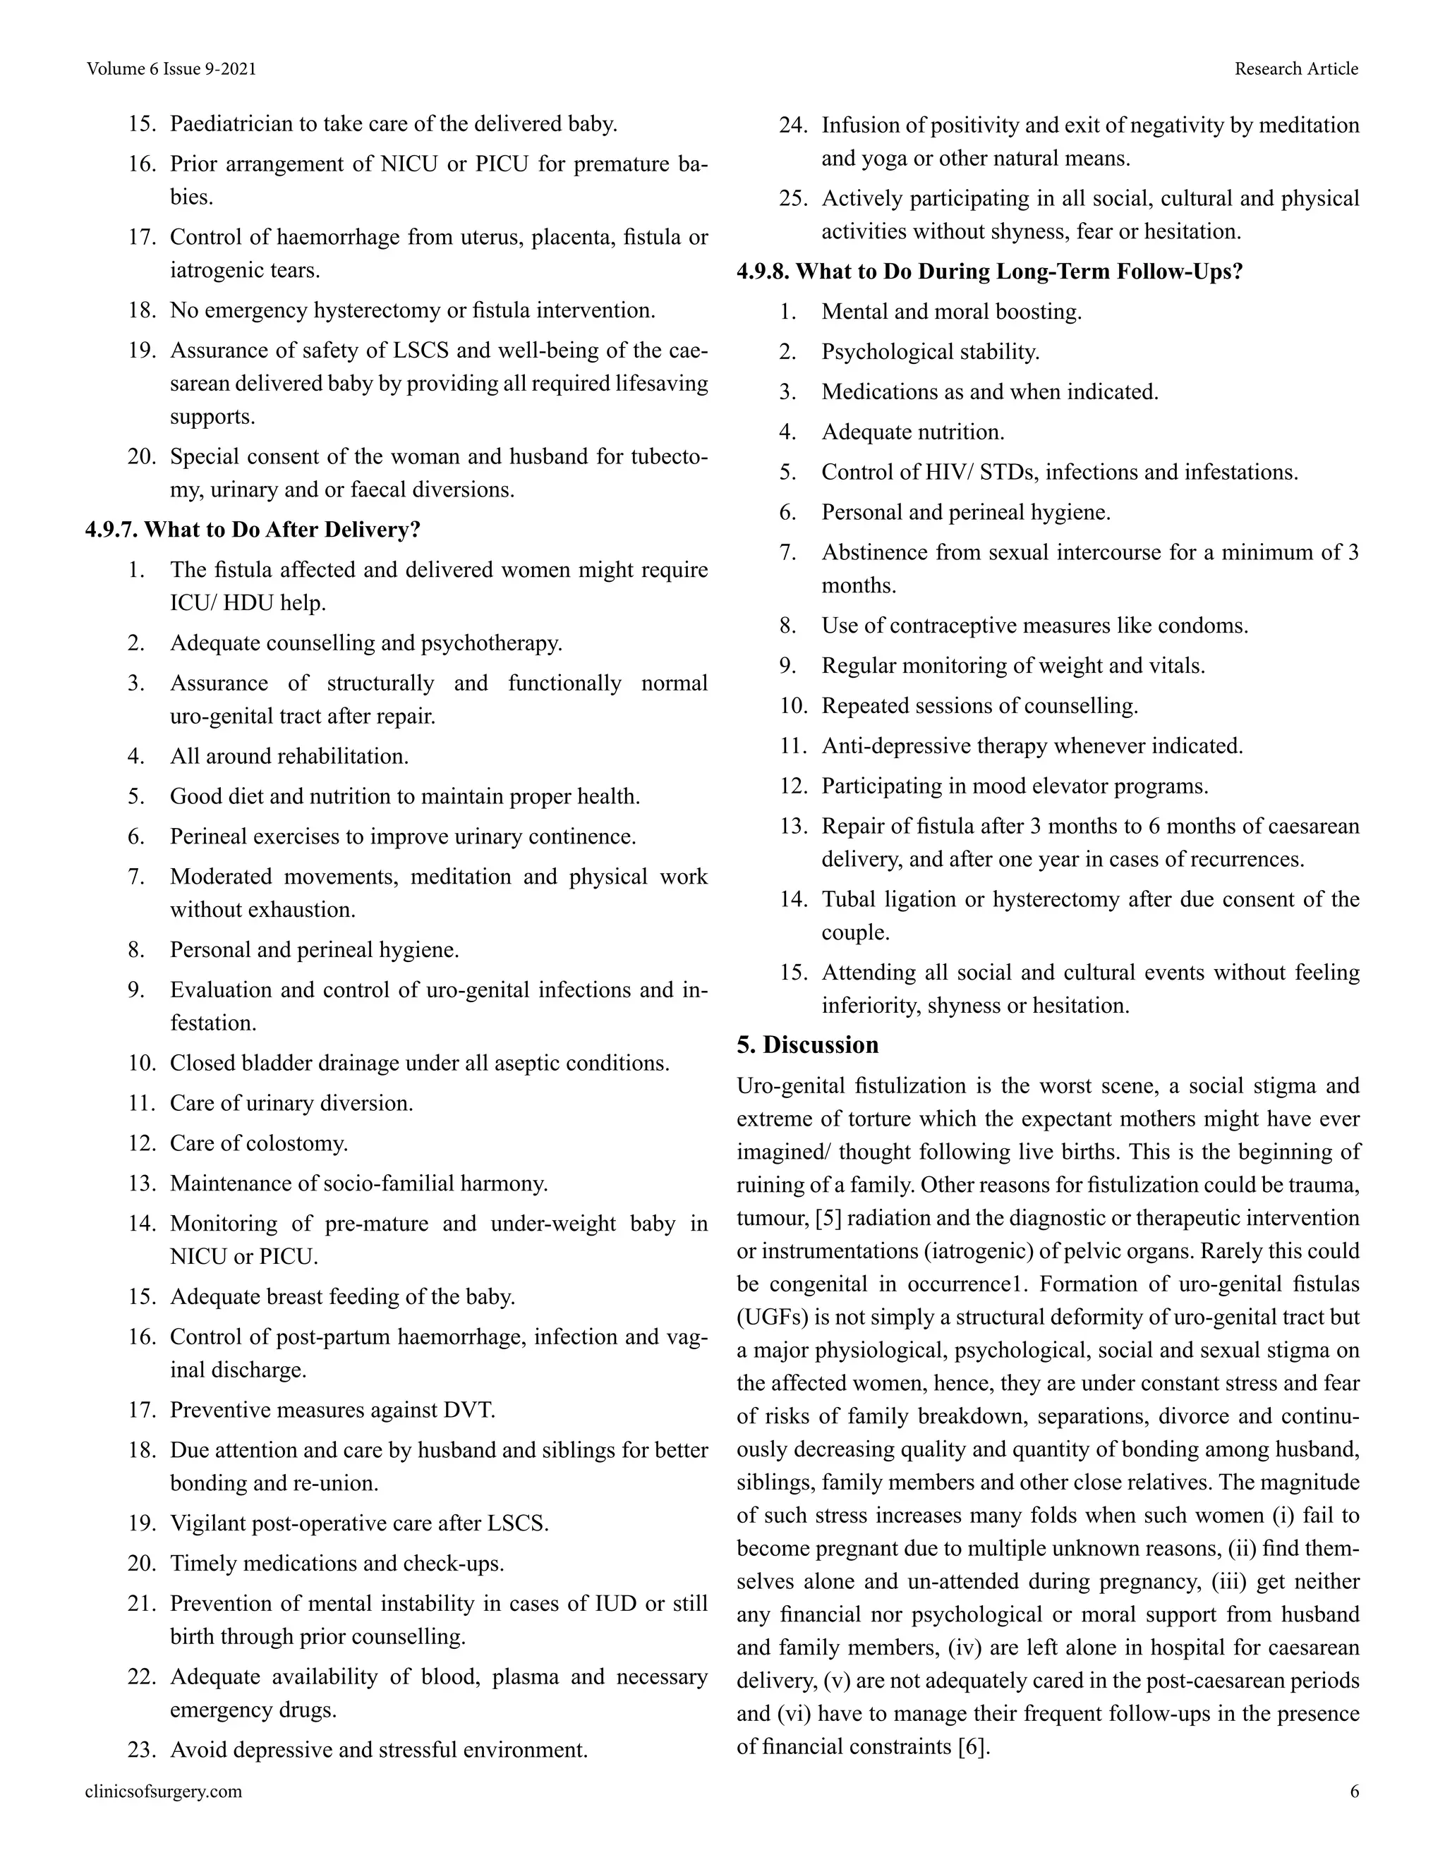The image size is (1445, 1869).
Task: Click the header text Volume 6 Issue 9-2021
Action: [x=171, y=68]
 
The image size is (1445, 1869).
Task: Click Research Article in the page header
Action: [x=1295, y=68]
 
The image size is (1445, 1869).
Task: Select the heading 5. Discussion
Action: [x=807, y=1045]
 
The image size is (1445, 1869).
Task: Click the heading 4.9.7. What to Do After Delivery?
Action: [x=253, y=530]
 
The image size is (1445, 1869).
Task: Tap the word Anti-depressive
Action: [x=880, y=745]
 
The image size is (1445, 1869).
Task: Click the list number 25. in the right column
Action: [x=792, y=199]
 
